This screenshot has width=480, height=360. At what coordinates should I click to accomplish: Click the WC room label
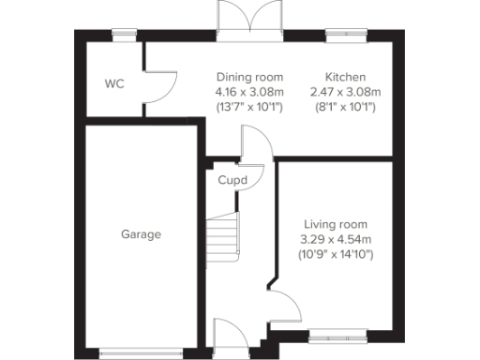114,83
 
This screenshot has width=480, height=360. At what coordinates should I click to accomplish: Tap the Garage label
141,234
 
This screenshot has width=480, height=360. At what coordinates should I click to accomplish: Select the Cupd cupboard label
232,180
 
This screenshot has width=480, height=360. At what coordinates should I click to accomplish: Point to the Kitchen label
345,77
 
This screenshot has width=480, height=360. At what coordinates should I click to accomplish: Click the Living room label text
335,225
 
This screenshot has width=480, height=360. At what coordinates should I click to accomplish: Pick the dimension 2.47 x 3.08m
345,92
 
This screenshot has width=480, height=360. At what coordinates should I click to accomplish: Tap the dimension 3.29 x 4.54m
335,239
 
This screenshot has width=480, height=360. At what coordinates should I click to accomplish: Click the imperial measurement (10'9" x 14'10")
335,254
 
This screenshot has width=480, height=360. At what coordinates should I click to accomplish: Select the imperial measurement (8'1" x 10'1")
345,107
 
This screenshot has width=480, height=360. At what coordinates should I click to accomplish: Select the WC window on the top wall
123,36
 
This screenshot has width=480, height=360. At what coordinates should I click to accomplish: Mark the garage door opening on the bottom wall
140,353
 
